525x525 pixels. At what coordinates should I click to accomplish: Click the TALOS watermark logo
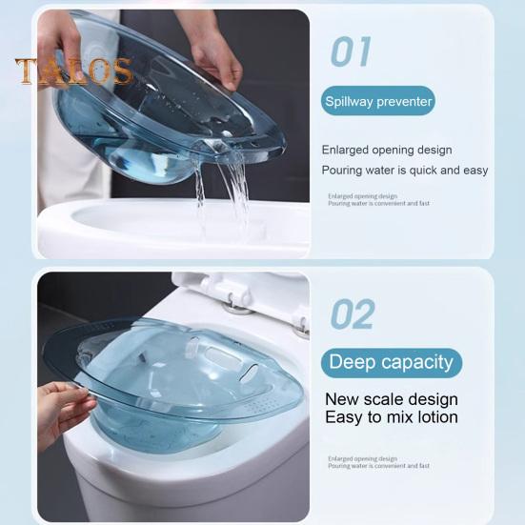click(x=72, y=71)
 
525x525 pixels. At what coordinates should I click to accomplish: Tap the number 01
click(x=351, y=51)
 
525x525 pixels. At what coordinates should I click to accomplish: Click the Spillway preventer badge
click(x=377, y=101)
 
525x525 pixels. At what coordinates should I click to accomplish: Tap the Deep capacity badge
click(x=391, y=362)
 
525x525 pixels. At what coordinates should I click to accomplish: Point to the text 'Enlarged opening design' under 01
click(x=387, y=150)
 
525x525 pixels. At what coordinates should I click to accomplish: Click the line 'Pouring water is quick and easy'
click(x=404, y=170)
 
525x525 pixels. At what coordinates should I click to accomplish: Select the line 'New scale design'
click(x=391, y=399)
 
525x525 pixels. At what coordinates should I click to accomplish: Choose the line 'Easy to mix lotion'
click(x=392, y=417)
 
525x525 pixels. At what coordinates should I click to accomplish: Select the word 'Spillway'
click(x=352, y=101)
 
